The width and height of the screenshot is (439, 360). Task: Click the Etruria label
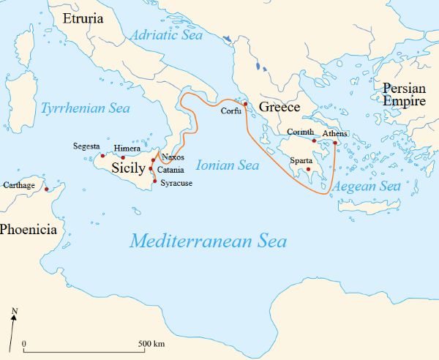(x=83, y=18)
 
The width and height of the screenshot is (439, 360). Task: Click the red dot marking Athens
(x=335, y=143)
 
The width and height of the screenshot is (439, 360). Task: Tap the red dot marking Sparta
(x=308, y=170)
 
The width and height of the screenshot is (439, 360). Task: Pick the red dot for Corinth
(x=314, y=140)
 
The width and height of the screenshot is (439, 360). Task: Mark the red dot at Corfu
(x=246, y=104)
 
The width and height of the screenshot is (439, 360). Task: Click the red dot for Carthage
(x=47, y=190)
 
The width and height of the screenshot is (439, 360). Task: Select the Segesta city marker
(x=102, y=155)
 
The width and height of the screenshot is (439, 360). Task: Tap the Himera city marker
(x=123, y=157)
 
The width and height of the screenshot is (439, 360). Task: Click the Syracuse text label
(x=176, y=183)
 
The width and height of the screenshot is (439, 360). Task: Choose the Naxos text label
(x=173, y=157)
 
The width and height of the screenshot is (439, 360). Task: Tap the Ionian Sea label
(x=228, y=166)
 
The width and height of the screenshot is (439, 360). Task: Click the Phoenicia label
(x=28, y=230)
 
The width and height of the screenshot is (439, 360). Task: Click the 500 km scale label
(x=150, y=344)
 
